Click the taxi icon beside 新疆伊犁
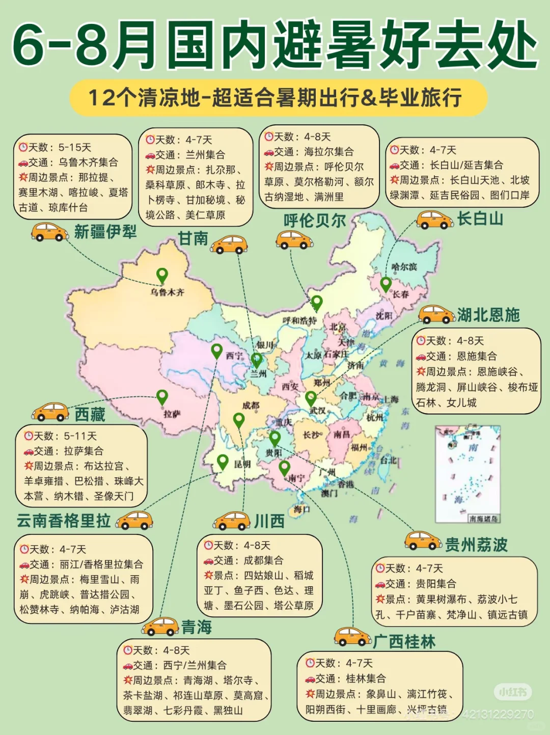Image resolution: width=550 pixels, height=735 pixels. coord(50,232)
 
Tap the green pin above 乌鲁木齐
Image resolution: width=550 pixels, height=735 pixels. coord(162,276)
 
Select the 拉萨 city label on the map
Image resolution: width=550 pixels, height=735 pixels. coord(172,414)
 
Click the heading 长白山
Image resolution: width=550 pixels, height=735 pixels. coord(480,219)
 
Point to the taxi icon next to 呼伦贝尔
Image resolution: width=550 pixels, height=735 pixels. coord(294,239)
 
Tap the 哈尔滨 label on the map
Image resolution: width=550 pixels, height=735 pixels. coord(404,267)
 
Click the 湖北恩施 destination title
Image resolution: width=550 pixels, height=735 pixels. coord(488,315)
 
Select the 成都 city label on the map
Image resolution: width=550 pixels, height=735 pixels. coord(251,405)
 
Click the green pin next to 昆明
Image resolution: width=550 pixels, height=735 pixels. coord(223,461)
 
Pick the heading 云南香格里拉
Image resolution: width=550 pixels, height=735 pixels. coord(64,521)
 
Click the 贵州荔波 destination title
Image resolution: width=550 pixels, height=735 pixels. coord(476,545)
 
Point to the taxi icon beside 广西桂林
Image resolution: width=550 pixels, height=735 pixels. coord(352,636)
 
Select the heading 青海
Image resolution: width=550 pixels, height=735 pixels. coord(197,627)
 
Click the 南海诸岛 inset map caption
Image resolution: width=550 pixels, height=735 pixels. coord(483,519)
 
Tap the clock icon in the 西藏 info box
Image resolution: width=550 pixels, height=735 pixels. coord(29,436)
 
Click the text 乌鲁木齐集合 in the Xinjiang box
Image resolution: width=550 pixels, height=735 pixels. coord(88,162)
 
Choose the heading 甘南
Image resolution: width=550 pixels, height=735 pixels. coord(193,238)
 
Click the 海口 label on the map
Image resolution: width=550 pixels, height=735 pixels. coord(301,509)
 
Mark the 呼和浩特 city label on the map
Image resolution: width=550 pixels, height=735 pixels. coord(299,320)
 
